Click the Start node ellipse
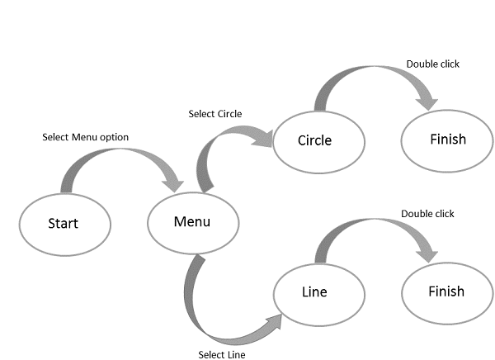[64, 224]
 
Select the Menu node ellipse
[192, 222]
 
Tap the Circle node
[314, 140]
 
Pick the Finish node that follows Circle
[447, 140]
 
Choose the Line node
[314, 292]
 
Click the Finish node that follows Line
[446, 291]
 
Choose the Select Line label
[222, 355]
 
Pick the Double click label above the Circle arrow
[432, 64]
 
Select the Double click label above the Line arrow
[427, 214]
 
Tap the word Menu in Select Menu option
[83, 136]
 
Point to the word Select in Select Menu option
[55, 136]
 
